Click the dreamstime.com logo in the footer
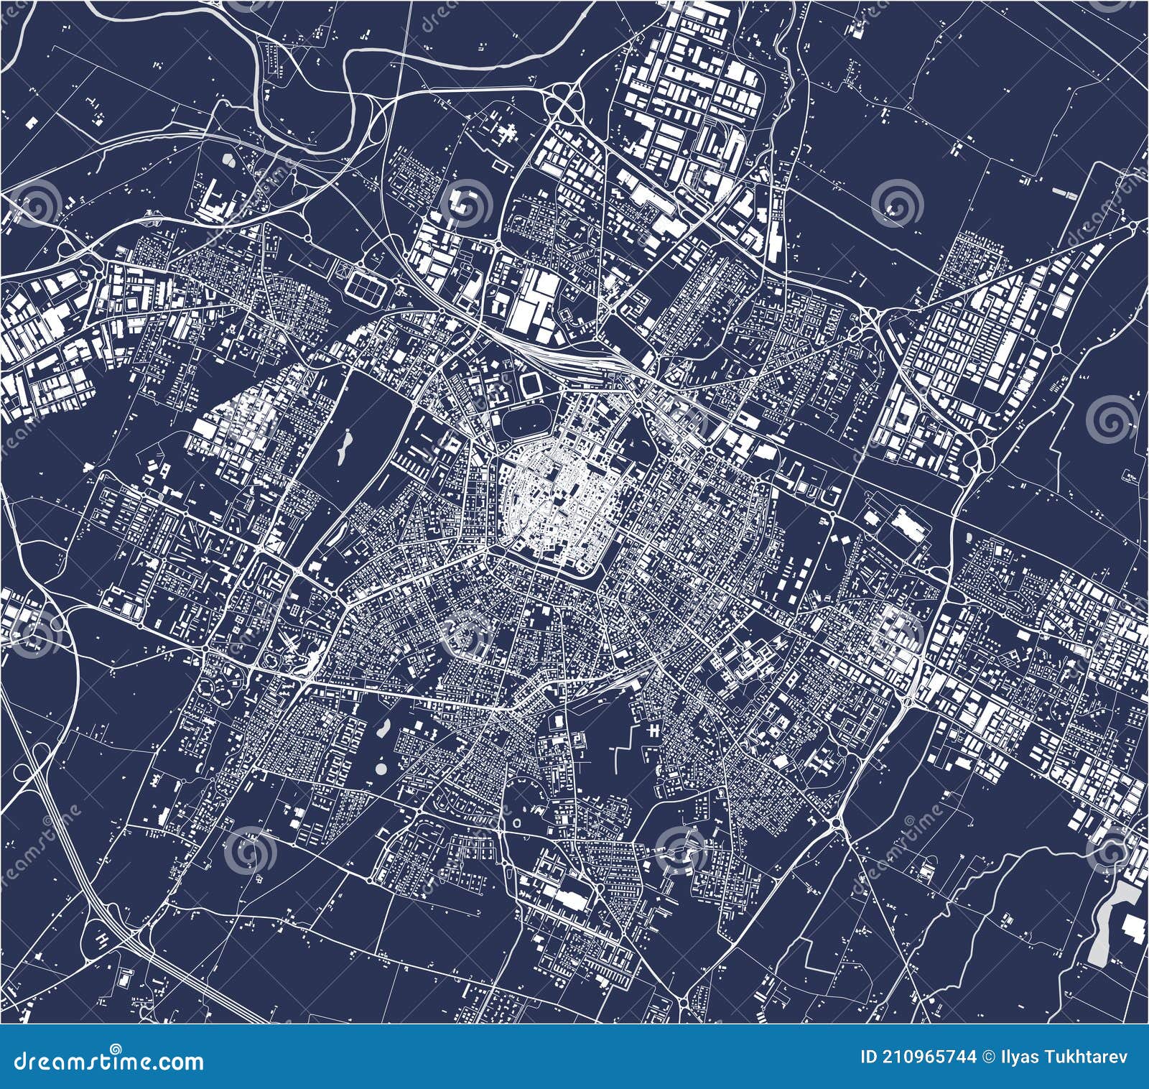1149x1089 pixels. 104,1062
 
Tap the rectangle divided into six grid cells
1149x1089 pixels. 366,283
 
